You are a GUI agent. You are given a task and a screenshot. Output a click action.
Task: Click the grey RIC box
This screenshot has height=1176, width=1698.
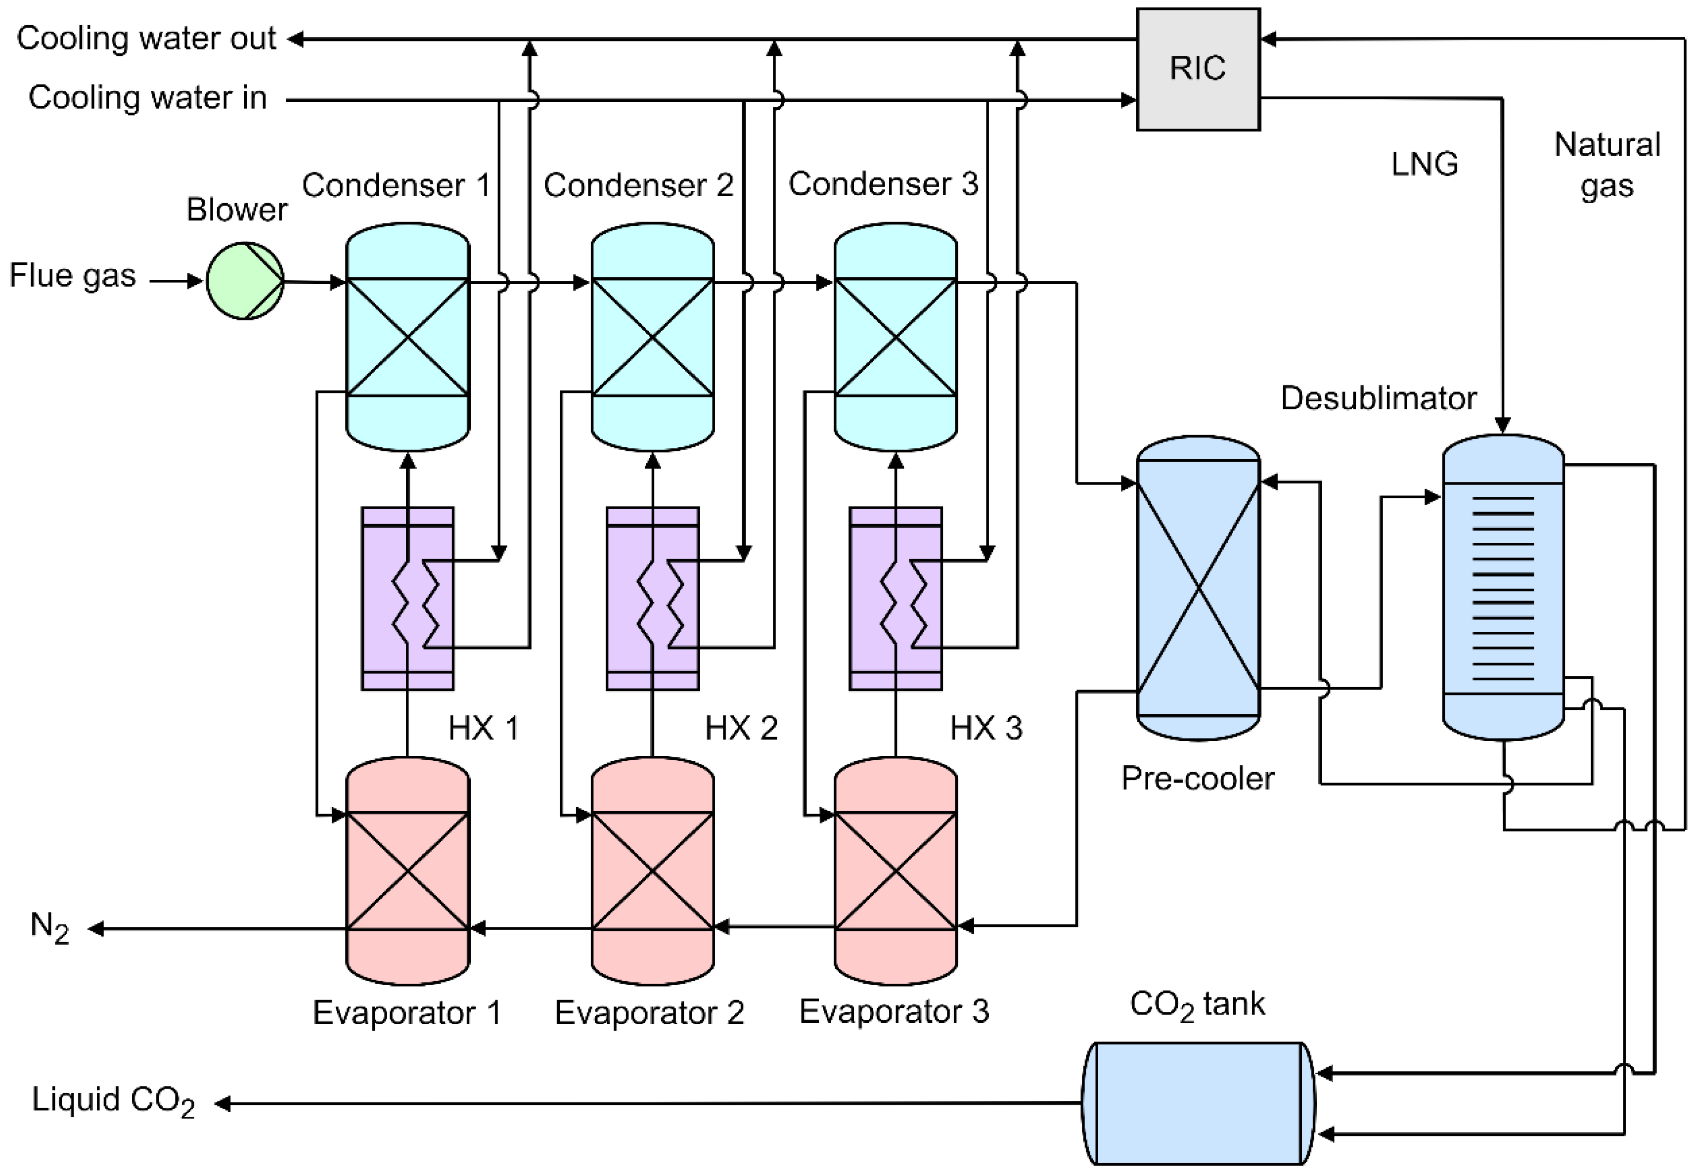1198,69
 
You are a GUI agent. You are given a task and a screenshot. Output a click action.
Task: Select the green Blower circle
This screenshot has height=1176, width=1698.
245,281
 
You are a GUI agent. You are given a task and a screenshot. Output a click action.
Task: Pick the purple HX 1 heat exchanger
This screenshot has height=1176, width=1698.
407,598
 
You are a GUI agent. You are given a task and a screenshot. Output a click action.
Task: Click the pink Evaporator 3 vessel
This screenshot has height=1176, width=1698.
895,871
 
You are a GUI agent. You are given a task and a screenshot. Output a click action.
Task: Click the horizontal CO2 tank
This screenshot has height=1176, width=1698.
1198,1103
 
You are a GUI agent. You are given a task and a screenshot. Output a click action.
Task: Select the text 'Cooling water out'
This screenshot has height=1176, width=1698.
146,39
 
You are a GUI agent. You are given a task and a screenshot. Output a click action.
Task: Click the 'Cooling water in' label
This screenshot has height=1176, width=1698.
147,98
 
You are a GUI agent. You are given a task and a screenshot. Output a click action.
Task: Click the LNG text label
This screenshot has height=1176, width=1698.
1425,164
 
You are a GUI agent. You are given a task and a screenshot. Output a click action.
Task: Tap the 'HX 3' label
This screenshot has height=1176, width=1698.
986,728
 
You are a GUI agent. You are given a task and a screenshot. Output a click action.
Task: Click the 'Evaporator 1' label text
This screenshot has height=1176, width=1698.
407,1012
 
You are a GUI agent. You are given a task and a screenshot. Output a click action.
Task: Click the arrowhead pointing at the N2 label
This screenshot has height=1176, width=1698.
96,929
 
